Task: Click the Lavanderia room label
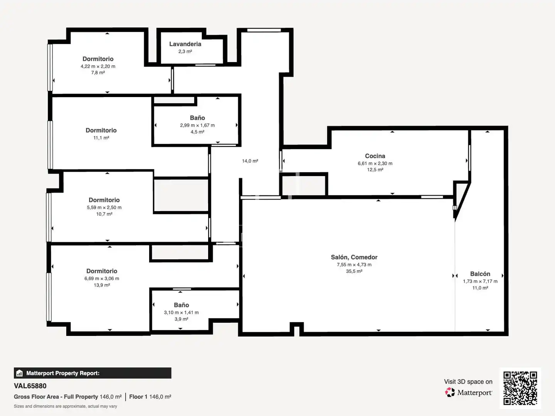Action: tap(185, 44)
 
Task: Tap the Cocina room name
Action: tap(375, 156)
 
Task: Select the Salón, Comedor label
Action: tap(354, 257)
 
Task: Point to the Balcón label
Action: tap(480, 274)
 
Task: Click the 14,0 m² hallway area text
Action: tap(250, 161)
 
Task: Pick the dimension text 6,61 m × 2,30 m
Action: tap(375, 163)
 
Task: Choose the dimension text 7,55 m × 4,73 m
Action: tap(354, 265)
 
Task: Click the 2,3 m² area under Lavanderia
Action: tap(185, 52)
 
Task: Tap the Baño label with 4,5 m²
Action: tap(197, 118)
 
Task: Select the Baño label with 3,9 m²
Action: tap(181, 305)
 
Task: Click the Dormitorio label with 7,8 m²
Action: tap(98, 59)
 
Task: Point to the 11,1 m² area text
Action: tap(101, 138)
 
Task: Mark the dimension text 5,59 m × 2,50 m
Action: tap(104, 207)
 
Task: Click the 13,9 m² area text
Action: tap(102, 285)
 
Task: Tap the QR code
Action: tap(520, 388)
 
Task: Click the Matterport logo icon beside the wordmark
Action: tap(450, 392)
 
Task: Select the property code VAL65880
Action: tap(30, 386)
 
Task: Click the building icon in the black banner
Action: tap(20, 373)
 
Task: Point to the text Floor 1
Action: tap(138, 397)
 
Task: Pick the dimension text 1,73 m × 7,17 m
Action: tap(480, 281)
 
